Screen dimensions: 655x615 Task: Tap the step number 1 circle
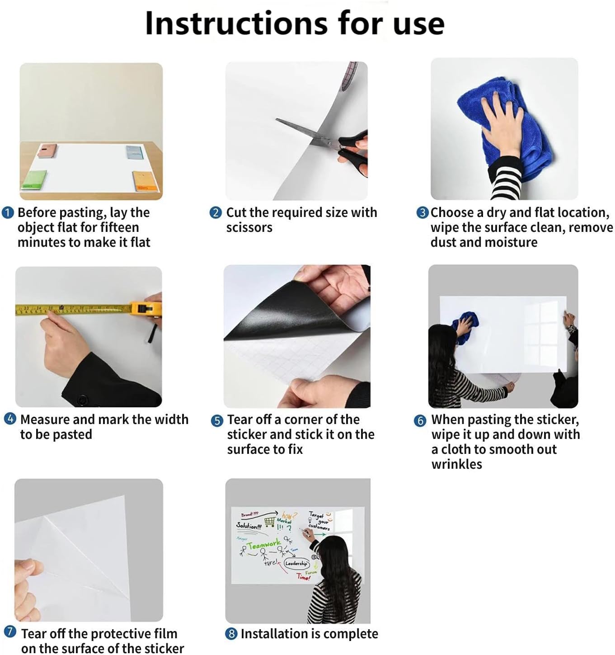click(8, 212)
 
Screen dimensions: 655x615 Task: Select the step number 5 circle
click(217, 420)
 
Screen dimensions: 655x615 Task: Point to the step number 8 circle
click(231, 634)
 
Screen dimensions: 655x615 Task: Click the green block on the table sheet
click(35, 180)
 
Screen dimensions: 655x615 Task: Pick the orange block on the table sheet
click(144, 181)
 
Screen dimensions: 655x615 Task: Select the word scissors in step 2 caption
click(249, 227)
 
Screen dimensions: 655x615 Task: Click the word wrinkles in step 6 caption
click(456, 464)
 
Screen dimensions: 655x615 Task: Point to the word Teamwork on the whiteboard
click(264, 545)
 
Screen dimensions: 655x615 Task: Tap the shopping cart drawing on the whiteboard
click(270, 521)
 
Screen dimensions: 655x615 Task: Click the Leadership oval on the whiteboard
click(296, 563)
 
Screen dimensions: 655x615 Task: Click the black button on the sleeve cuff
click(82, 400)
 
